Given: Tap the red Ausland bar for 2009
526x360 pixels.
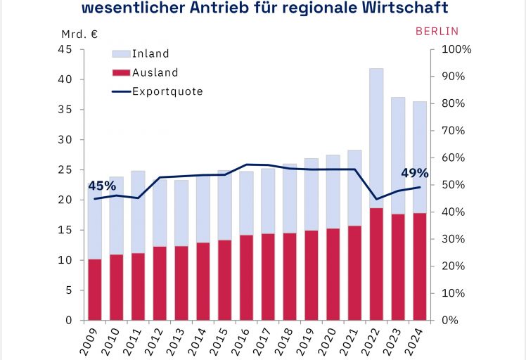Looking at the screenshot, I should [x=95, y=289].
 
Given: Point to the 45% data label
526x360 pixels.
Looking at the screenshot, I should [x=102, y=186].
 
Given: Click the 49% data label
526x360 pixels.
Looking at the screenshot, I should [x=414, y=173].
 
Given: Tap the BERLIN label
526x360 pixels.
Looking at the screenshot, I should [x=437, y=31].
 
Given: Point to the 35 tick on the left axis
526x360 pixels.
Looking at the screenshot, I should [x=65, y=110].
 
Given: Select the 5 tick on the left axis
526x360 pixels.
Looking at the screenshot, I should [x=68, y=290].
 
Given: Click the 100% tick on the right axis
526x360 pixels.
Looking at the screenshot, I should [x=456, y=49].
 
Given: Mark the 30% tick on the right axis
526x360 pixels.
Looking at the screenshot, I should [x=453, y=239].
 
